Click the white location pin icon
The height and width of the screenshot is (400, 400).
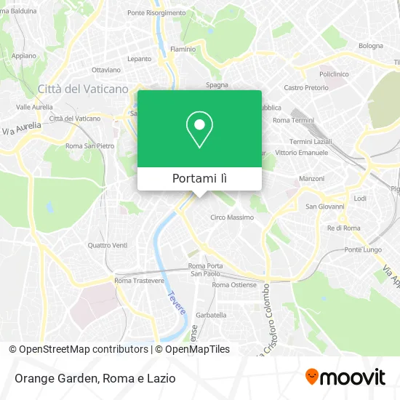199,129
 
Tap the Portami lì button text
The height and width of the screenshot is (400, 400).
199,179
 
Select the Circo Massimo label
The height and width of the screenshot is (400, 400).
232,217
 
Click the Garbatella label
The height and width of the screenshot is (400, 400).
211,315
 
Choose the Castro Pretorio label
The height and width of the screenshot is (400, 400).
302,87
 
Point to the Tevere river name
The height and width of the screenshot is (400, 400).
177,301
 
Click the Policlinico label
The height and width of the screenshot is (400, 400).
335,73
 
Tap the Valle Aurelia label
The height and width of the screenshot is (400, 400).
34,106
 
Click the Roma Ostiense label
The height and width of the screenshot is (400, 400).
231,284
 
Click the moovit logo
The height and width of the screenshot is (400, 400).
345,377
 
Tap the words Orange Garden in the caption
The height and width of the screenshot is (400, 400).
55,377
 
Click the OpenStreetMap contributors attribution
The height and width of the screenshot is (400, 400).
83,349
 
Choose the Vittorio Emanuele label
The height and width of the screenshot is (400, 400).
297,152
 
